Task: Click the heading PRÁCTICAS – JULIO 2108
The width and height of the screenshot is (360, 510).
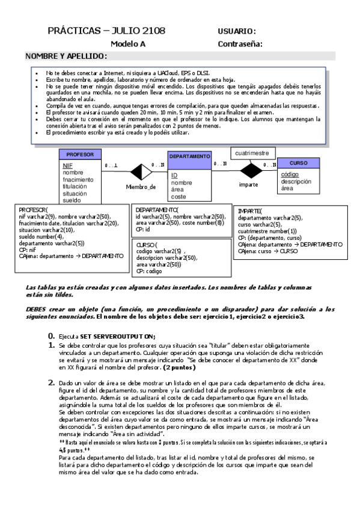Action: [x=106, y=31]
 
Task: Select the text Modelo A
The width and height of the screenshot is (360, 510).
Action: [x=128, y=44]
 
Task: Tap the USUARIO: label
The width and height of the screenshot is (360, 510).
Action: [x=237, y=31]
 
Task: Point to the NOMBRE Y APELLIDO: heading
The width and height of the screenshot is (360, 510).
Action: [x=67, y=56]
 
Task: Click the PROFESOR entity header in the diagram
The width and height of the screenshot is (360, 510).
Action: [x=80, y=155]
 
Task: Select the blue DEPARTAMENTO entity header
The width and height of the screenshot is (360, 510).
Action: [x=189, y=156]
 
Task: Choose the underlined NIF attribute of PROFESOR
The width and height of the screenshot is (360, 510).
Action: [x=67, y=165]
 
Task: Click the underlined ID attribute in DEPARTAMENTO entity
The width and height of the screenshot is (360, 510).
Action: [x=174, y=175]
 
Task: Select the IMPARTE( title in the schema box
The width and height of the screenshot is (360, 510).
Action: [x=249, y=212]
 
